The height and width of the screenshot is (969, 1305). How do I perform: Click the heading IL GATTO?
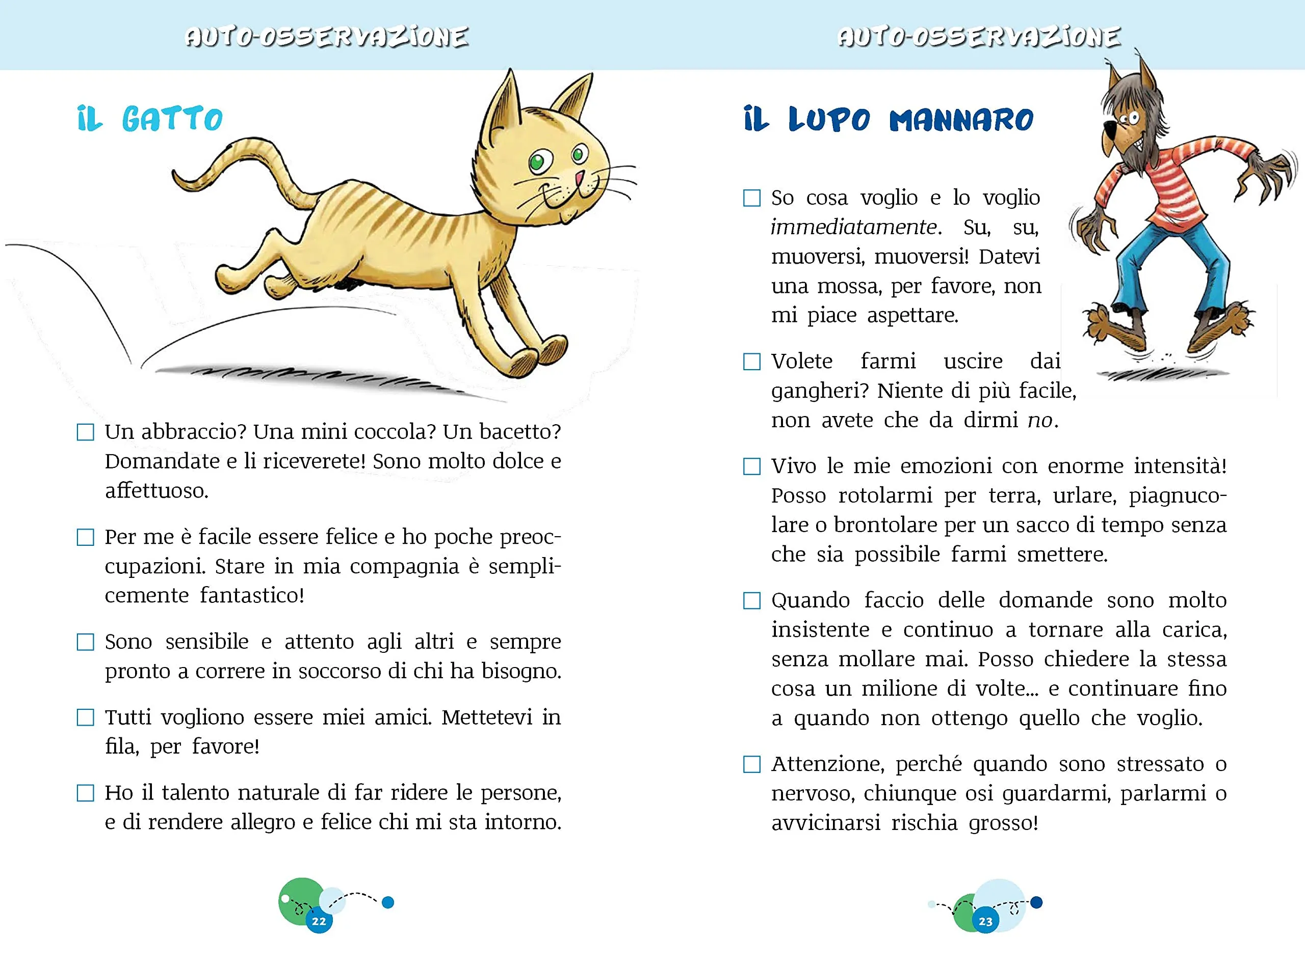[150, 119]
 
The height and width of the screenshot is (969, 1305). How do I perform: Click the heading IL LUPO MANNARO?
[888, 120]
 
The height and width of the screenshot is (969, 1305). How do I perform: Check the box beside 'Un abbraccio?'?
[86, 433]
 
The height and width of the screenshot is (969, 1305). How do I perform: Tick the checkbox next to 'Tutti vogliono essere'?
[86, 717]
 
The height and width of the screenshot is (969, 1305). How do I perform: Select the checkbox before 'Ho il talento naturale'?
[86, 793]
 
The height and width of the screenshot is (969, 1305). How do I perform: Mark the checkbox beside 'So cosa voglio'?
[752, 198]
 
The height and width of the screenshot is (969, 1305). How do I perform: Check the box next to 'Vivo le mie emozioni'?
[752, 467]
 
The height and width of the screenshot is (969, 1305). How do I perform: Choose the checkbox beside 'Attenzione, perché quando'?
[752, 764]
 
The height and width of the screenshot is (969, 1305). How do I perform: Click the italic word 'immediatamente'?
[853, 227]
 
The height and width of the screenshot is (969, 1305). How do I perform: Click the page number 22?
[319, 921]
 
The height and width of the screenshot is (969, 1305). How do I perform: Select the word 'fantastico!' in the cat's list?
[252, 595]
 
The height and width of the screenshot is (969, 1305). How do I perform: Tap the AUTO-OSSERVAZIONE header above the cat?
[326, 37]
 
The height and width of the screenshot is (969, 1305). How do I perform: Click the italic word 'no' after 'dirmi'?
[1039, 420]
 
